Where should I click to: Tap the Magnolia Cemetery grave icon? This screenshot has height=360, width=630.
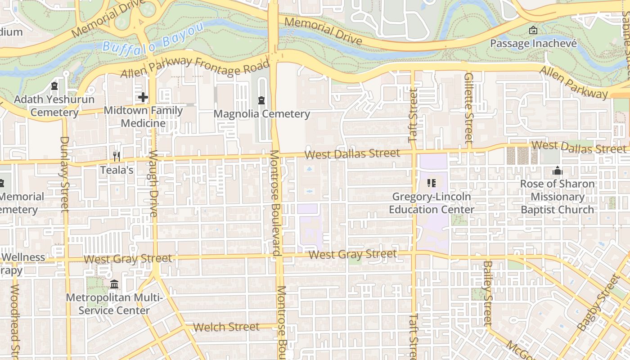tap(261, 99)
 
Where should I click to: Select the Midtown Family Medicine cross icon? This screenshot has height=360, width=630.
tap(143, 97)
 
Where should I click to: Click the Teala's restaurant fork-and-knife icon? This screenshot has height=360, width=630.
tap(117, 156)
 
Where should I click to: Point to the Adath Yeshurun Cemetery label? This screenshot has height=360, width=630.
tap(54, 106)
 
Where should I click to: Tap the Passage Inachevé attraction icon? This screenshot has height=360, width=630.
tap(533, 30)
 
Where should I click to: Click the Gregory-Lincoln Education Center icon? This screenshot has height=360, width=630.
tap(432, 183)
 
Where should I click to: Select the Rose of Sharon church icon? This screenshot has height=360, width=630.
tap(558, 171)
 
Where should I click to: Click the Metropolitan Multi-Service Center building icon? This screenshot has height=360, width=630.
tap(114, 284)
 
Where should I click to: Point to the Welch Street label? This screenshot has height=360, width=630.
tap(226, 327)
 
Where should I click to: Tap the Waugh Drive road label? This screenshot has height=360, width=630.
tap(153, 184)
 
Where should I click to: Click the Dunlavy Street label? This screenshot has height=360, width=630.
tap(64, 174)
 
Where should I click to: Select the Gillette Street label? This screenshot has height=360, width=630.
tap(468, 108)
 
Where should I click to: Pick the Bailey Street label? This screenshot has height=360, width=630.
tap(487, 292)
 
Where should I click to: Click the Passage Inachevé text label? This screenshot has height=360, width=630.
tap(533, 44)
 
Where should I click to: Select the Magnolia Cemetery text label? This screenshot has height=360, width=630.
tap(261, 114)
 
